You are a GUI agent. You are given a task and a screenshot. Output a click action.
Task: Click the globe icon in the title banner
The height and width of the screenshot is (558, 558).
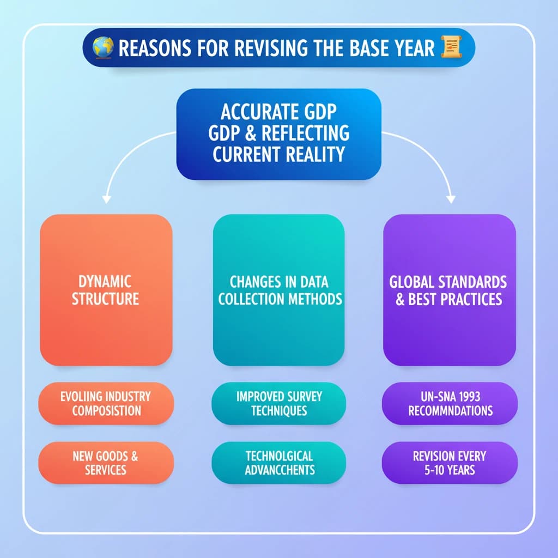click(102, 48)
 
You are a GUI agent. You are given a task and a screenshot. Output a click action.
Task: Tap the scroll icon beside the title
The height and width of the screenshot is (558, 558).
click(449, 47)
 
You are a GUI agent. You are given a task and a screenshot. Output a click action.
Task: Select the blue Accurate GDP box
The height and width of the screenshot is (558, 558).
click(278, 134)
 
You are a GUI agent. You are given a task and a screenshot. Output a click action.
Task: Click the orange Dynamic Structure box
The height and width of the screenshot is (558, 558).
click(106, 289)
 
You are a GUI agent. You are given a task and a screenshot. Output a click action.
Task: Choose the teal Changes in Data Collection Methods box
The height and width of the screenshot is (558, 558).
click(278, 289)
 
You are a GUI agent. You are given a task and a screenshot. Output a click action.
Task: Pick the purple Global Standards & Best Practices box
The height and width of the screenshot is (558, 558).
click(449, 289)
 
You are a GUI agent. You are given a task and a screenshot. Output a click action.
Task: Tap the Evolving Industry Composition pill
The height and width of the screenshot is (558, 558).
click(106, 403)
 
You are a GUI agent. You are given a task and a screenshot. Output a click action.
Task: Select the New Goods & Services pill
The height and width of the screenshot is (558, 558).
click(106, 462)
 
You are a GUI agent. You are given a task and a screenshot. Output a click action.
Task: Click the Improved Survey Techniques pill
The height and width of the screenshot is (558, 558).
click(278, 403)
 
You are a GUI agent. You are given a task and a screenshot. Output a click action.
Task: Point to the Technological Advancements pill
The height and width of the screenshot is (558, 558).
click(278, 462)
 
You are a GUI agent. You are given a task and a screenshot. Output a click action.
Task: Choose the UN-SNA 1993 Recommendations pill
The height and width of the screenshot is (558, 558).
click(449, 403)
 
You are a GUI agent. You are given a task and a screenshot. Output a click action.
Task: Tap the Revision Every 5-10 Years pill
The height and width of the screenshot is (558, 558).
click(449, 462)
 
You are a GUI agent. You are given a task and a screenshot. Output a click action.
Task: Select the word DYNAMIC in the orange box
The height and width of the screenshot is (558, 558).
click(105, 282)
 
